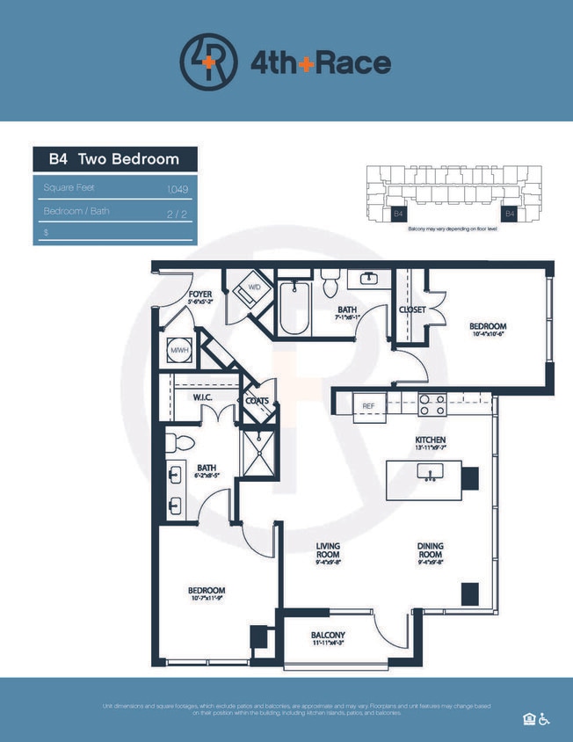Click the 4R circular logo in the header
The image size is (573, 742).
pyautogui.click(x=208, y=61)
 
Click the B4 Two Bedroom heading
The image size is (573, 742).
pyautogui.click(x=114, y=159)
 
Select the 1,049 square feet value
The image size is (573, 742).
pyautogui.click(x=178, y=189)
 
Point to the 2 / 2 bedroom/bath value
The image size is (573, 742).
pyautogui.click(x=178, y=212)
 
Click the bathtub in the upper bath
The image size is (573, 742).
pyautogui.click(x=294, y=309)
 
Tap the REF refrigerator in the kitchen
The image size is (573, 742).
pyautogui.click(x=369, y=405)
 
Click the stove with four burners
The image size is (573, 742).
pyautogui.click(x=431, y=404)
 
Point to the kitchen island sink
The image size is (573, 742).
pyautogui.click(x=431, y=473)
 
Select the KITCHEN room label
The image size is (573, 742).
pyautogui.click(x=431, y=440)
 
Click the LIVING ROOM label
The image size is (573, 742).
pyautogui.click(x=329, y=550)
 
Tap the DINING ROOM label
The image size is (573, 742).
pyautogui.click(x=431, y=550)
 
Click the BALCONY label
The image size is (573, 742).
pyautogui.click(x=328, y=636)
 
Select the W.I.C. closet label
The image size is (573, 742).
pyautogui.click(x=206, y=397)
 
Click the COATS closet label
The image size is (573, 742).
pyautogui.click(x=257, y=401)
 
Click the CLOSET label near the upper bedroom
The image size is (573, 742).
pyautogui.click(x=412, y=309)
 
